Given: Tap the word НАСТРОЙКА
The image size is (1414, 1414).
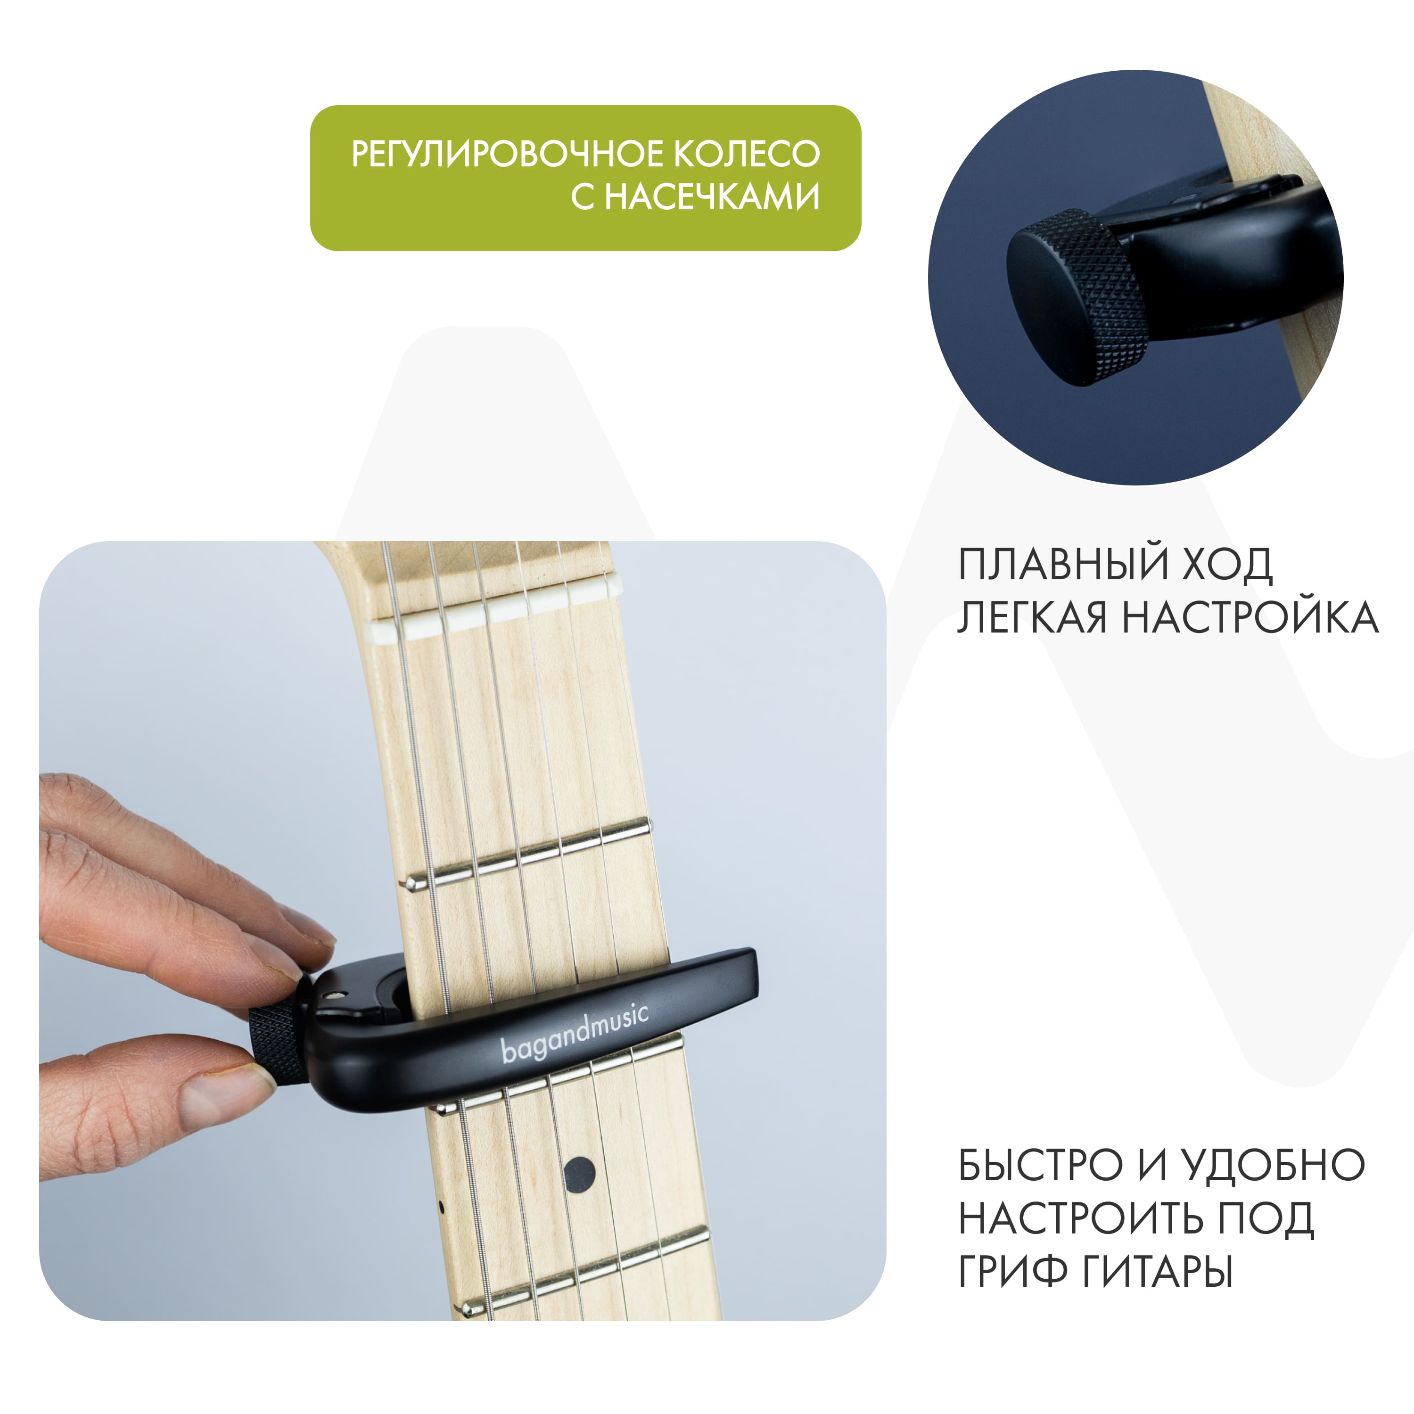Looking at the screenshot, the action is click(1250, 618).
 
